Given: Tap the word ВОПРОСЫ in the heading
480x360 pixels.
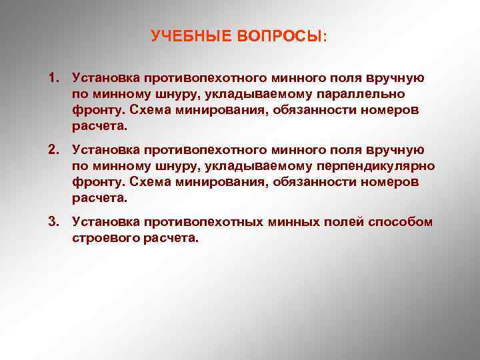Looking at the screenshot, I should (279, 36).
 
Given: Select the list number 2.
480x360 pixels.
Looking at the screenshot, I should (53, 149).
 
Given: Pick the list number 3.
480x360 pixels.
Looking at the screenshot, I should (53, 221).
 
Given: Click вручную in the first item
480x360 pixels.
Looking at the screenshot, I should (394, 78).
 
